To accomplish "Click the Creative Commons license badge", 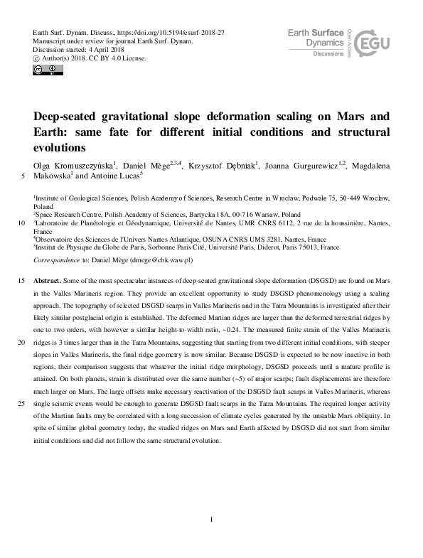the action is click(44, 69).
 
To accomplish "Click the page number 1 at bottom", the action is click(212, 520).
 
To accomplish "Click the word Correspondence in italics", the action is click(58, 261).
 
